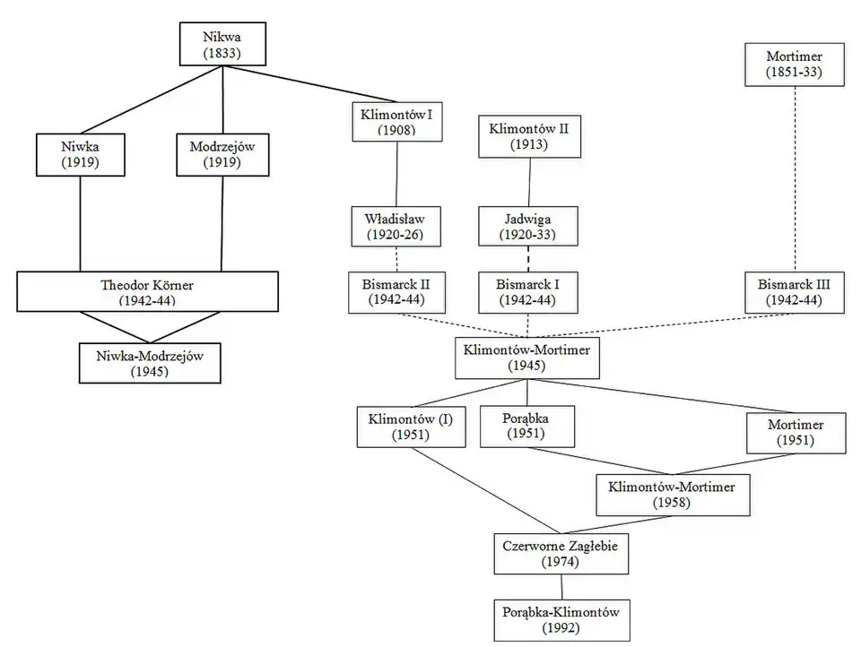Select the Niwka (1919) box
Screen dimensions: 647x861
click(80, 155)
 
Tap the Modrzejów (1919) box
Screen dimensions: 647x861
click(222, 155)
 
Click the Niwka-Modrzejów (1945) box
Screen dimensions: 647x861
click(150, 362)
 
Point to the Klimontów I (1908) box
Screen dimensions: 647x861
click(397, 122)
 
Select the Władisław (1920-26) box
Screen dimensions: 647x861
click(397, 227)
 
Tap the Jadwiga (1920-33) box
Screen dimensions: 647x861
click(527, 227)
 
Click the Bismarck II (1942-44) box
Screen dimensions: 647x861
click(397, 293)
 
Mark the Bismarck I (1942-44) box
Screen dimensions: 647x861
click(527, 293)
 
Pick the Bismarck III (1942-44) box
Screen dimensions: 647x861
click(794, 293)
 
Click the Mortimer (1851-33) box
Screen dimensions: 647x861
click(794, 64)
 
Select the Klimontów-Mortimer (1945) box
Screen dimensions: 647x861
click(527, 358)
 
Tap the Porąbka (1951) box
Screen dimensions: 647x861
click(526, 426)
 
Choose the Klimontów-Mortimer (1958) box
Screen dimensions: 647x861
click(672, 495)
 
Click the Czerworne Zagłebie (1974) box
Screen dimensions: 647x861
click(561, 553)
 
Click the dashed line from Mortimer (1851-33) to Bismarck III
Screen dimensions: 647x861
click(795, 179)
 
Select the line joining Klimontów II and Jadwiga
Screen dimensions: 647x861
click(528, 183)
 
